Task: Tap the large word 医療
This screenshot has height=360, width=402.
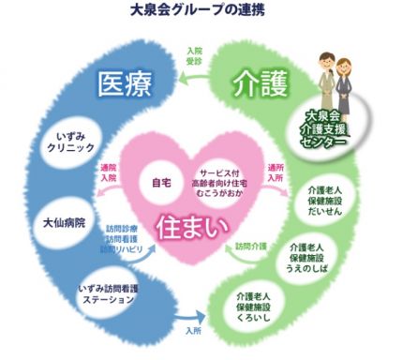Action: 126,86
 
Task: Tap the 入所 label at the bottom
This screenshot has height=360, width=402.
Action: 194,331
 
